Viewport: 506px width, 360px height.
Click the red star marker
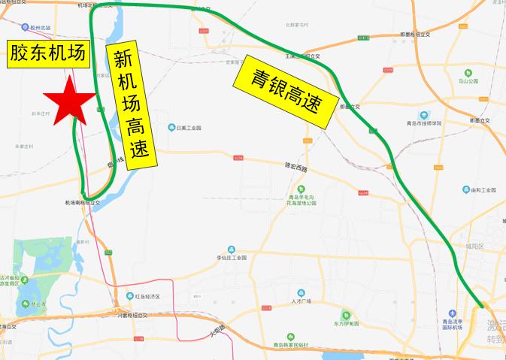point(68,98)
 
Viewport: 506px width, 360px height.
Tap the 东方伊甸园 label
point(345,324)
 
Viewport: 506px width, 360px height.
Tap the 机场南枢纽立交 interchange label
point(82,202)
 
